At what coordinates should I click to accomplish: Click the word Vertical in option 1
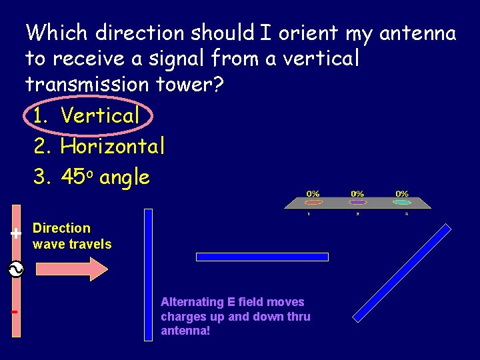pyautogui.click(x=100, y=115)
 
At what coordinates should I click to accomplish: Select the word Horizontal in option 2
pyautogui.click(x=112, y=145)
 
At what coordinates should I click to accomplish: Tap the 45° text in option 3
pyautogui.click(x=80, y=177)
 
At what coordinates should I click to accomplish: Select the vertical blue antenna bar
pyautogui.click(x=149, y=275)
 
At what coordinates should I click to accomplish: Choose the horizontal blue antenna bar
pyautogui.click(x=262, y=257)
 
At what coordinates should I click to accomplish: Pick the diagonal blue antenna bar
pyautogui.click(x=401, y=273)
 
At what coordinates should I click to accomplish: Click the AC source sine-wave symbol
pyautogui.click(x=15, y=269)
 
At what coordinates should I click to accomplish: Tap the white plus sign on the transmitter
pyautogui.click(x=15, y=233)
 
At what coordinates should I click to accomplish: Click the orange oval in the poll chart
pyautogui.click(x=313, y=202)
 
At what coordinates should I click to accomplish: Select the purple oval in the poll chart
pyautogui.click(x=358, y=202)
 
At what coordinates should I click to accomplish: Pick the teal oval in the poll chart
pyautogui.click(x=401, y=202)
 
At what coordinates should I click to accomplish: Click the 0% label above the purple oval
pyautogui.click(x=358, y=194)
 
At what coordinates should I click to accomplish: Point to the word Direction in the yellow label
pyautogui.click(x=61, y=228)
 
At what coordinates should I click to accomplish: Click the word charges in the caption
pyautogui.click(x=184, y=317)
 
